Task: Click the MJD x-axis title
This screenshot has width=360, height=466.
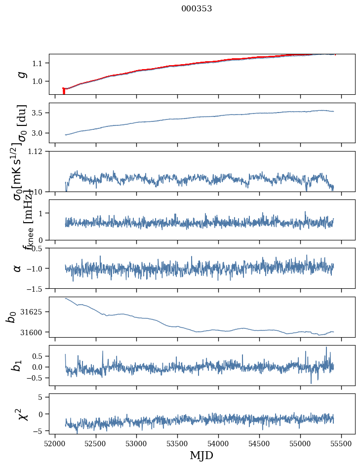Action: (x=201, y=455)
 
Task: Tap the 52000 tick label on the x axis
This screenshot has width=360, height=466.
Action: (x=55, y=442)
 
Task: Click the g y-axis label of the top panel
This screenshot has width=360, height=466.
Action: (x=21, y=74)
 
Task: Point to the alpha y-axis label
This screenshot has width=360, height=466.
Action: (x=18, y=268)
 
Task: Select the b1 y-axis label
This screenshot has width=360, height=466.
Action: (x=17, y=365)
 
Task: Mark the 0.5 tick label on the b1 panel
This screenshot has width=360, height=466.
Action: (x=40, y=356)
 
